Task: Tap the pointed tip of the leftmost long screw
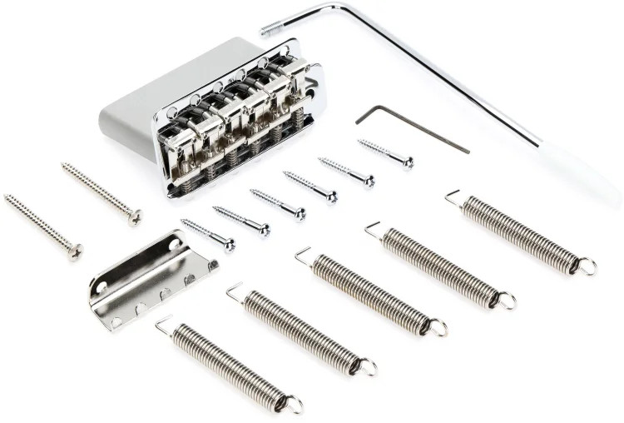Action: click(x=7, y=198)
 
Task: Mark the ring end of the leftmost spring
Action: click(x=293, y=406)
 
